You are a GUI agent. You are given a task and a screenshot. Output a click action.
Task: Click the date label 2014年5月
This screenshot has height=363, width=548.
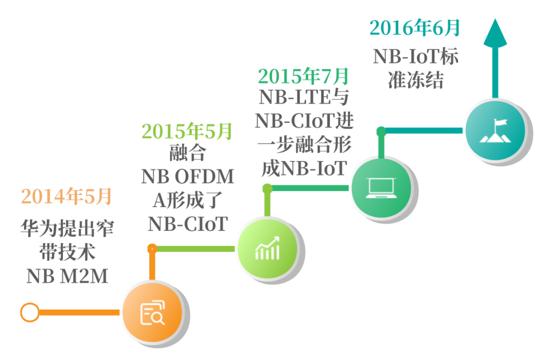click(x=66, y=197)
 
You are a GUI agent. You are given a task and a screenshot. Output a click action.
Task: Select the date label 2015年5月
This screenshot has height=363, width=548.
click(x=187, y=131)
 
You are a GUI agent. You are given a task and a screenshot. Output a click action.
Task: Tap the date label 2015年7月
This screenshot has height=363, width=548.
click(x=303, y=76)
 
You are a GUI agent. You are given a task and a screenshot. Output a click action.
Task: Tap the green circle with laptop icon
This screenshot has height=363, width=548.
click(x=381, y=186)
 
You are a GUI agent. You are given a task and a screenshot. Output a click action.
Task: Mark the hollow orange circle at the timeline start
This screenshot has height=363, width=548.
click(x=29, y=312)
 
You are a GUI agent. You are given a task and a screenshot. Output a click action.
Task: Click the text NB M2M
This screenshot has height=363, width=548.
click(x=67, y=276)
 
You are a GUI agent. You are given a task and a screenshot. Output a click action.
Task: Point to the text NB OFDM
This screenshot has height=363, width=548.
click(x=188, y=177)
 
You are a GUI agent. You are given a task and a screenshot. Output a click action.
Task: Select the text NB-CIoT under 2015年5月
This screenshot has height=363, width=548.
click(x=188, y=223)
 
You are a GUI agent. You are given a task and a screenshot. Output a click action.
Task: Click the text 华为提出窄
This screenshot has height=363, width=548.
click(x=66, y=228)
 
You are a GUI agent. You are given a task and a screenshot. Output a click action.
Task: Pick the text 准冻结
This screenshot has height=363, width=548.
click(x=416, y=80)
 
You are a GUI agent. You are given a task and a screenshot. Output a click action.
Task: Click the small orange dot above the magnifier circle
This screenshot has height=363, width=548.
click(x=152, y=249)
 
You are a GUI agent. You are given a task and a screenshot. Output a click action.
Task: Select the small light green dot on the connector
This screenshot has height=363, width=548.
click(x=267, y=188)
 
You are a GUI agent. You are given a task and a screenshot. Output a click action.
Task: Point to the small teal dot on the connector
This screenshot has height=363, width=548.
click(x=381, y=131)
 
